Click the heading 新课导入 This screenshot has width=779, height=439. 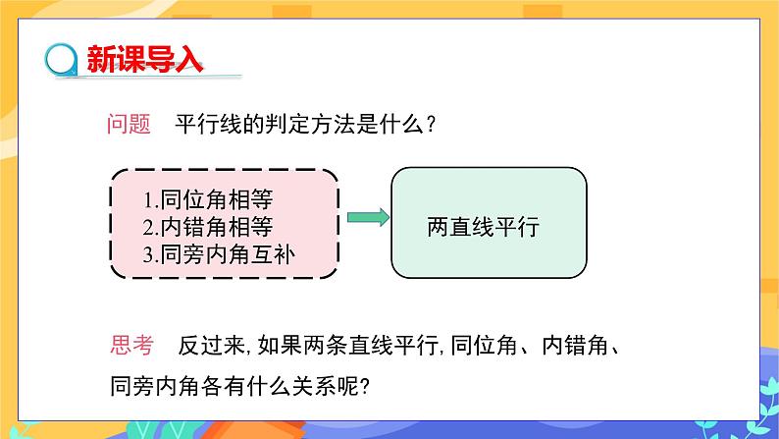click(145, 58)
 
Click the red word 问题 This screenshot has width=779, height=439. click(128, 125)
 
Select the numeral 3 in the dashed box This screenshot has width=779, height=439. click(146, 255)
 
